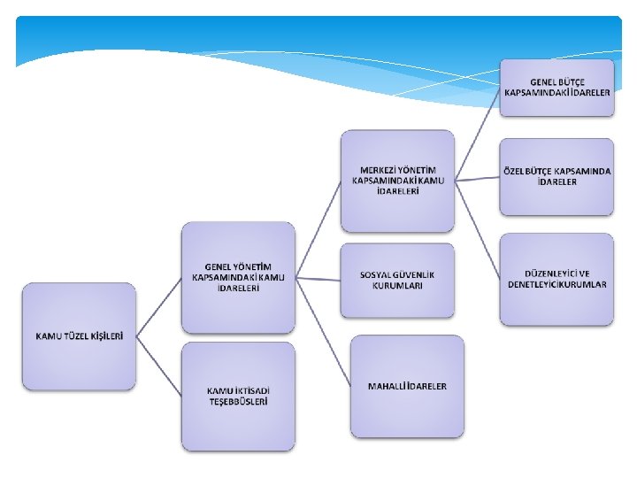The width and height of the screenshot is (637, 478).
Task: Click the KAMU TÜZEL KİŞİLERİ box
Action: [79, 336]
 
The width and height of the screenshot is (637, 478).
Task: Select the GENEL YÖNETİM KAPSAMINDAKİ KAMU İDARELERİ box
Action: [238, 277]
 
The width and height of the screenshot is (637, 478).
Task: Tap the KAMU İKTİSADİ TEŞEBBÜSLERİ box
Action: [237, 396]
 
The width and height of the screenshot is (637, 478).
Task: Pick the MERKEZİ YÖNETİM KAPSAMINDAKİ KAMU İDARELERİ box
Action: [397, 181]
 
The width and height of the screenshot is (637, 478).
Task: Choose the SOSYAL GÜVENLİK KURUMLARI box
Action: [397, 280]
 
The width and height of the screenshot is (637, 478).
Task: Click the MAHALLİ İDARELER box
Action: [407, 386]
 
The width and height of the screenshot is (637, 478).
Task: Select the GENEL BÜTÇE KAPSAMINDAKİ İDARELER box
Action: [556, 87]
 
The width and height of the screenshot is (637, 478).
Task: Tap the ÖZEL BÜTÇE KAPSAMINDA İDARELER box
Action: [556, 176]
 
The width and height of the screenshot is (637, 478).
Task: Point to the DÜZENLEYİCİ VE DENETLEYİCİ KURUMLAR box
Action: [556, 279]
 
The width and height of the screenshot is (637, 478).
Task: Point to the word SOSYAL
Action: [377, 274]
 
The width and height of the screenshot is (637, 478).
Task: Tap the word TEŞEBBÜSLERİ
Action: [237, 401]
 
